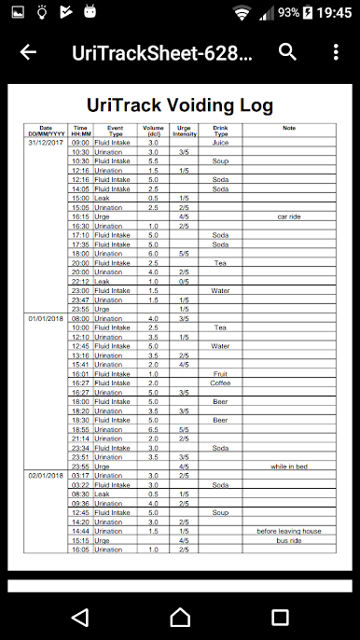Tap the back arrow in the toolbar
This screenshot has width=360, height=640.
pos(28,52)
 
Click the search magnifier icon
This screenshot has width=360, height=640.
pos(287,52)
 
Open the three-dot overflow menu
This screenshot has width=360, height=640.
pos(336,52)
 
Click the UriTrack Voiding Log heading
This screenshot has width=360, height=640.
pos(180,105)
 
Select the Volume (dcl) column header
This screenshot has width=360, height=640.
pos(153,131)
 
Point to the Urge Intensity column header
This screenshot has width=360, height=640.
pos(185,131)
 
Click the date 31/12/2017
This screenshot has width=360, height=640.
pos(46,143)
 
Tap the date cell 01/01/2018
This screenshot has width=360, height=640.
pos(46,318)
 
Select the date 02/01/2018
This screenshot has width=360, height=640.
pos(46,476)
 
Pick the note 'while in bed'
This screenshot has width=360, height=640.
pos(289,466)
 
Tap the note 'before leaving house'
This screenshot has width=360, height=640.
pos(289,531)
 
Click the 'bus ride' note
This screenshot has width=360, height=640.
pos(289,540)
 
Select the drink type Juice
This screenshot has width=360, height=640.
pos(220,143)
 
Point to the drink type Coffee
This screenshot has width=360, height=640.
pos(220,383)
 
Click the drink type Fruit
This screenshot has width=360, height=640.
pos(220,374)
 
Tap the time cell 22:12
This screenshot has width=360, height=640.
pos(80,281)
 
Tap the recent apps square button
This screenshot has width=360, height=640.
pos(280,617)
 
